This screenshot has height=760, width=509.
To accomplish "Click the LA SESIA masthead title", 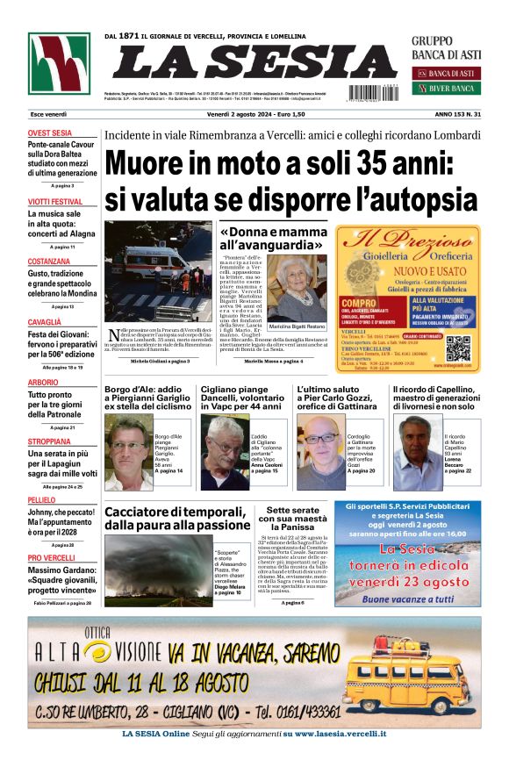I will point(254,61).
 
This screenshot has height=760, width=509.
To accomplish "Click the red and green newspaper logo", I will point(59,63).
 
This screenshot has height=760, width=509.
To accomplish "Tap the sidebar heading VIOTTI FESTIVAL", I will point(54,202).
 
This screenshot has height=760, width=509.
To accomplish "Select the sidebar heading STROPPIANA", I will point(49,441).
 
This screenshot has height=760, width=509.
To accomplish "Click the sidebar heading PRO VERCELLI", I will point(51,558).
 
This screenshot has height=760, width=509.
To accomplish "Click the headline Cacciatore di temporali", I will point(178,517).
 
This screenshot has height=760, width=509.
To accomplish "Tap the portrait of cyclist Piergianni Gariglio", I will point(127,452).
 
